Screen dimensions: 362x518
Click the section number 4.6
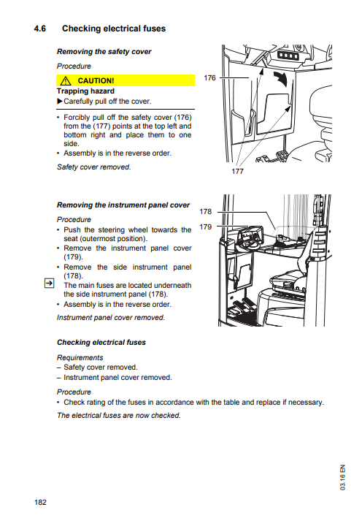pos(40,28)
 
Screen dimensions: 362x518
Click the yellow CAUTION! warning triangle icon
pos(66,80)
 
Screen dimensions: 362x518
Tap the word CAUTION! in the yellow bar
pos(96,81)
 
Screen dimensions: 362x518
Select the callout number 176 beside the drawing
pos(209,78)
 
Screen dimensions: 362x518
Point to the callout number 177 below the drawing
pos(237,171)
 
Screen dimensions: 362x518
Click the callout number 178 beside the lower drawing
pos(205,211)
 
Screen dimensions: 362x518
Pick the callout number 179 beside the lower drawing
pos(205,227)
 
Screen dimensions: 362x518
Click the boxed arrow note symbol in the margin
pos(49,283)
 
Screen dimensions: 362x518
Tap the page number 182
pos(40,503)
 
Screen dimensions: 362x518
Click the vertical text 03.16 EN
pos(342,477)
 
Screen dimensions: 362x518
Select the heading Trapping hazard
pos(85,91)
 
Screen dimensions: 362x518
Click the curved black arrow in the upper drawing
pos(281,80)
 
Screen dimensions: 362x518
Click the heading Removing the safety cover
pos(104,52)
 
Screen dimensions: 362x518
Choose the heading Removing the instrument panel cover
pos(123,205)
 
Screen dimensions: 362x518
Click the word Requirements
pos(80,358)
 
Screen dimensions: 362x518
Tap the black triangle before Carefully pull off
pos(60,101)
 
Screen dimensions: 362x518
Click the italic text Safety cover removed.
pos(93,167)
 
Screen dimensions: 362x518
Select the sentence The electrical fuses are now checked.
pos(119,416)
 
